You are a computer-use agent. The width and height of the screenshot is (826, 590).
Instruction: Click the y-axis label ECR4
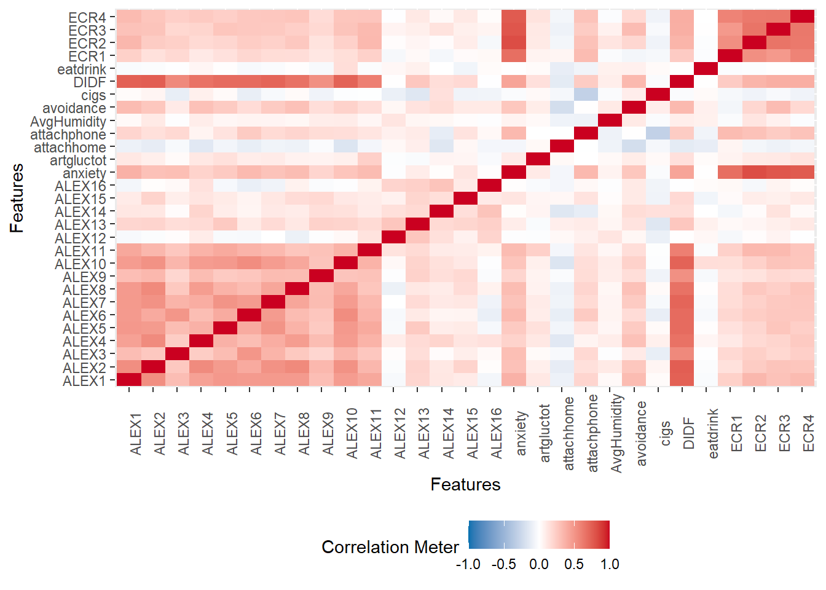click(87, 17)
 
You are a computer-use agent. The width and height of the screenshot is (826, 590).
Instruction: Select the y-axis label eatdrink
click(81, 69)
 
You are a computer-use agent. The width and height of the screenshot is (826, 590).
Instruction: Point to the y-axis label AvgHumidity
click(68, 122)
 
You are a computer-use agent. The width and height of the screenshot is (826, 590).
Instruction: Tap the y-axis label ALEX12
click(80, 238)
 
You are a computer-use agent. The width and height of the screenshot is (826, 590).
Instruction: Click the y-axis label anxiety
click(84, 173)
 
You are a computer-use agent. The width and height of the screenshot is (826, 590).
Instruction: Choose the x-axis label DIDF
click(689, 433)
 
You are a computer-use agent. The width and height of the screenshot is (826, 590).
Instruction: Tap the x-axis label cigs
click(665, 433)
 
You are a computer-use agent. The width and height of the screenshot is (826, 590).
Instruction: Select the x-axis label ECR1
click(737, 433)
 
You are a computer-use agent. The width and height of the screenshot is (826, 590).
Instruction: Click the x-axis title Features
click(465, 485)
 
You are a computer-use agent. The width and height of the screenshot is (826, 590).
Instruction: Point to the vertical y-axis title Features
click(17, 198)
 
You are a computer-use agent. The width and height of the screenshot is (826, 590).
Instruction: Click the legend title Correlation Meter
click(390, 547)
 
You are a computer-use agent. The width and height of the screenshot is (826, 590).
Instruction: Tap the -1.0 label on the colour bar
click(468, 564)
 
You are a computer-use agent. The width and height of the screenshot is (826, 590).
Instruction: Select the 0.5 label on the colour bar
click(574, 564)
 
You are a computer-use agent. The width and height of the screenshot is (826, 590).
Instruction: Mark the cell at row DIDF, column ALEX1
click(129, 82)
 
